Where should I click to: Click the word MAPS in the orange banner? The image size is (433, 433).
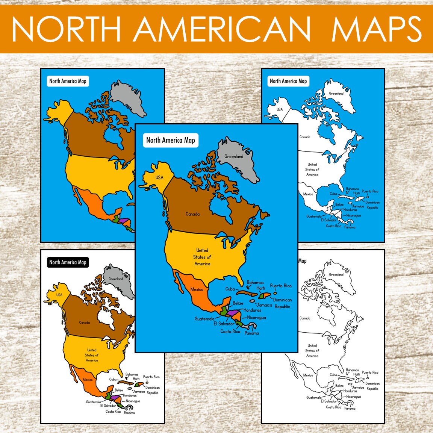pos(376,29)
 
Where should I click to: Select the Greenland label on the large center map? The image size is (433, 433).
pos(234,156)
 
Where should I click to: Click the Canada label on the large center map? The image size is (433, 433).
pos(192,214)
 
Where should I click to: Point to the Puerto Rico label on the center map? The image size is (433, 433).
pos(280,286)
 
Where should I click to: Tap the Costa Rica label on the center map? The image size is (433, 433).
pos(230,332)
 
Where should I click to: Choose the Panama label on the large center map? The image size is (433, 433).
pos(251,333)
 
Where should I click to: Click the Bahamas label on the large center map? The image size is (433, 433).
pos(255,282)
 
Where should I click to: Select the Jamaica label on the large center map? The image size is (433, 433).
pos(264,305)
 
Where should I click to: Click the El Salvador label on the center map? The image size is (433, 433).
pos(224,324)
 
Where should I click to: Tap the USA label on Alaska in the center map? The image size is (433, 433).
pos(159,177)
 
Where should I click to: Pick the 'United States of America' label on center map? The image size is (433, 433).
pos(202,257)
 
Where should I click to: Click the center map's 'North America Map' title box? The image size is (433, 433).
pos(171,140)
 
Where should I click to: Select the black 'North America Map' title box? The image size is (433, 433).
pos(68,262)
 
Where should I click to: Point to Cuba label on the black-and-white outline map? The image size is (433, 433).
pos(333,375)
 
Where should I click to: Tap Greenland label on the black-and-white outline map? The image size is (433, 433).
pos(336,274)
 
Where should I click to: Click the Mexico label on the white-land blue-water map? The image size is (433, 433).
pos(308,194)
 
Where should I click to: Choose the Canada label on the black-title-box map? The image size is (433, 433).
pos(84,322)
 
